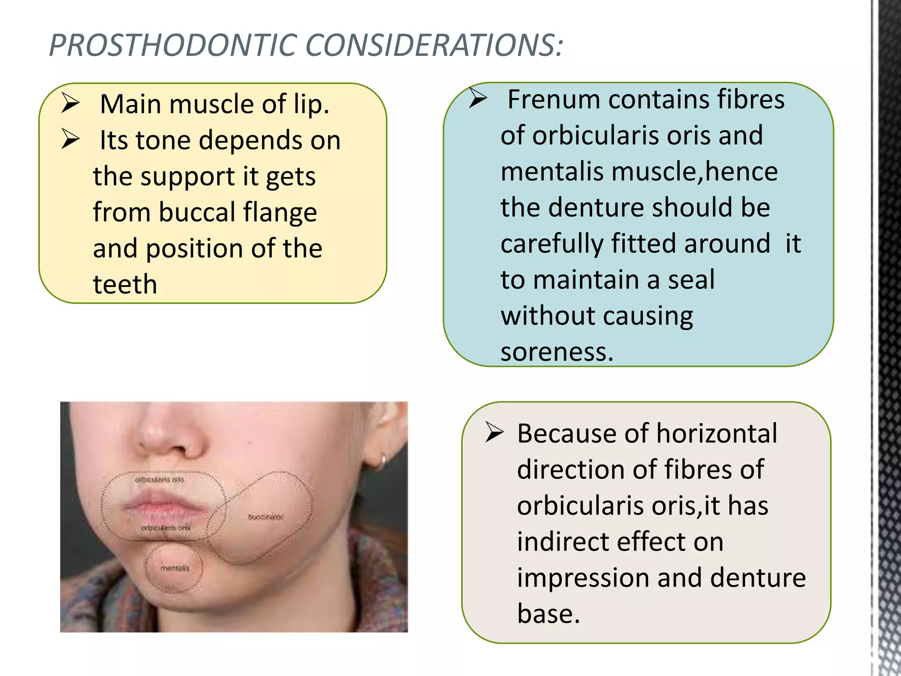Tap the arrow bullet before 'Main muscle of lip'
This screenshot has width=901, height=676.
pos(70,103)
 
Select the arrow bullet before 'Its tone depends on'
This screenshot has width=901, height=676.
pos(70,140)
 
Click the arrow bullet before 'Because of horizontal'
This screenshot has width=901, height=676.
pos(494,433)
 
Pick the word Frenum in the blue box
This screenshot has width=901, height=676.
pos(553,99)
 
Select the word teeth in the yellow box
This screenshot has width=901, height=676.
pos(125,284)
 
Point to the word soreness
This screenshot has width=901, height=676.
pos(556,352)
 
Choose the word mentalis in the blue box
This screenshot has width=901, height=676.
pos(552,172)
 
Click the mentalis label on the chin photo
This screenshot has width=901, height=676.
pos(175,568)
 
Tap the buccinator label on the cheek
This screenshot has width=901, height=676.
pos(266,517)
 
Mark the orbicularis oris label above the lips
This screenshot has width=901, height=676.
pos(159,479)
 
